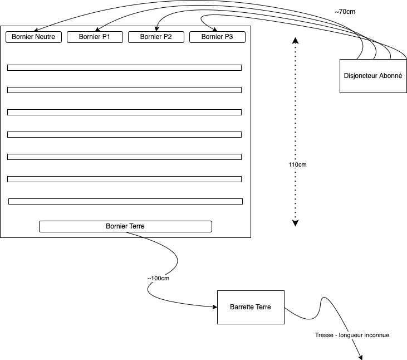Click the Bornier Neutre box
tap(33, 37)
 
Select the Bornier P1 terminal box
tap(95, 37)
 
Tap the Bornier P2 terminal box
tap(156, 37)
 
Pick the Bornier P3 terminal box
tap(217, 37)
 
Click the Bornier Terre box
tap(125, 226)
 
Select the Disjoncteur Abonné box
tap(373, 76)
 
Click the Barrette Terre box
tap(251, 307)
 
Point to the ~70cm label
tap(345, 12)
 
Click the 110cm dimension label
tap(297, 165)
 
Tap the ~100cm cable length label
tap(158, 279)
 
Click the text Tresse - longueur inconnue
tap(352, 335)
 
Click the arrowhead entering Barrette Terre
tap(215, 307)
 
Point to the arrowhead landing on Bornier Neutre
tap(36, 30)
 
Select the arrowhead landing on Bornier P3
tap(215, 30)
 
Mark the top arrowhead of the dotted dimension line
tap(296, 40)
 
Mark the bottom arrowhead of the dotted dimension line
tap(296, 223)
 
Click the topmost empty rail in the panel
tap(124, 68)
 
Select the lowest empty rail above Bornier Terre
tap(125, 202)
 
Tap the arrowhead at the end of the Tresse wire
tap(360, 357)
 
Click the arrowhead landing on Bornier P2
tap(156, 29)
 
